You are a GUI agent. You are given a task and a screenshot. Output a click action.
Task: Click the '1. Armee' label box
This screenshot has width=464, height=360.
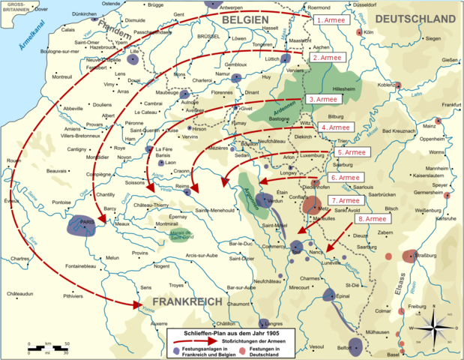(x=331, y=20)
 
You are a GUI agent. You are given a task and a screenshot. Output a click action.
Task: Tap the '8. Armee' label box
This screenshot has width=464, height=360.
(x=372, y=219)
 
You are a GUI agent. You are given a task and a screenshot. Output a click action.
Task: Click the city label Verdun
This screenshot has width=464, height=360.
(x=277, y=200)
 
